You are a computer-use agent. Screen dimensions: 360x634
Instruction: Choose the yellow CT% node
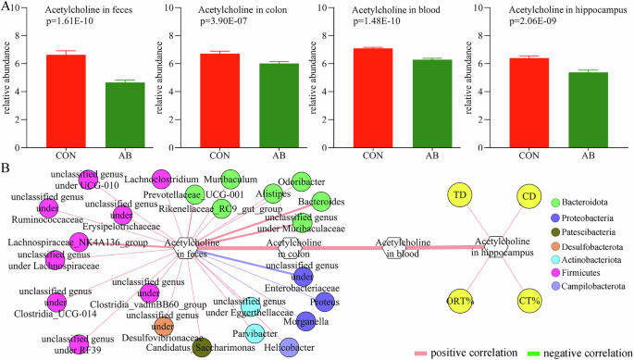click(x=528, y=301)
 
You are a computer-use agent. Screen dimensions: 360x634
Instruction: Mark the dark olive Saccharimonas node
click(x=205, y=347)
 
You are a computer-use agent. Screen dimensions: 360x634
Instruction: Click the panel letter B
click(x=6, y=168)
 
